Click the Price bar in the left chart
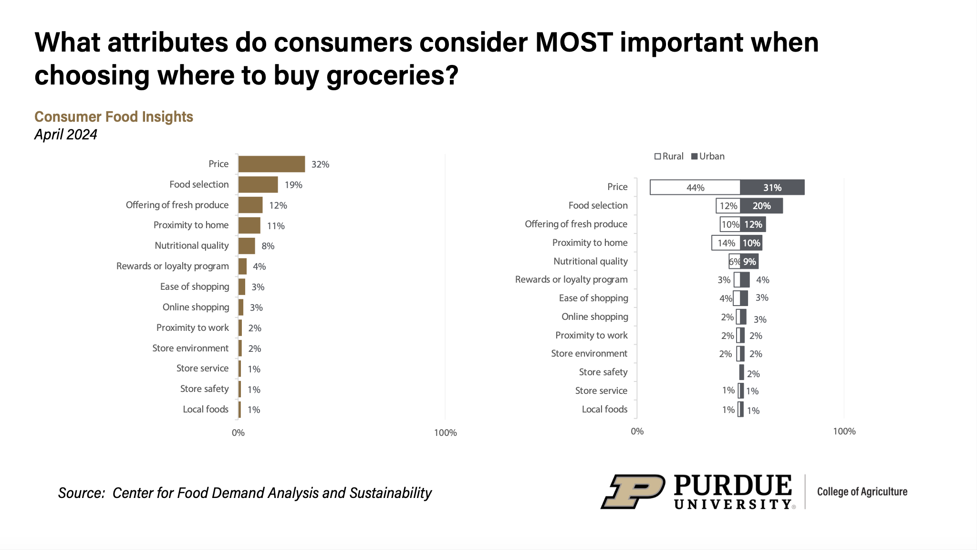(x=271, y=164)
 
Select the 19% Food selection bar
(x=258, y=185)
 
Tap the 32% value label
(x=320, y=165)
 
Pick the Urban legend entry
(x=708, y=157)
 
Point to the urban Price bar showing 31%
(x=772, y=188)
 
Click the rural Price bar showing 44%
(x=695, y=188)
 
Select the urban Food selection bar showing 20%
(x=761, y=206)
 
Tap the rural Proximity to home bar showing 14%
(x=726, y=243)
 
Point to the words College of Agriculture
(x=862, y=492)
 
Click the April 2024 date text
(x=66, y=135)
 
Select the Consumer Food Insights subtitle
(x=114, y=117)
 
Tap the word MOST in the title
(x=573, y=42)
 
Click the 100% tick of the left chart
(x=445, y=433)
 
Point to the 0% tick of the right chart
(x=637, y=432)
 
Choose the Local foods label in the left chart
(x=206, y=410)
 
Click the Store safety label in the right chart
(x=603, y=372)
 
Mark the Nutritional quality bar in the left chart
(x=247, y=246)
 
